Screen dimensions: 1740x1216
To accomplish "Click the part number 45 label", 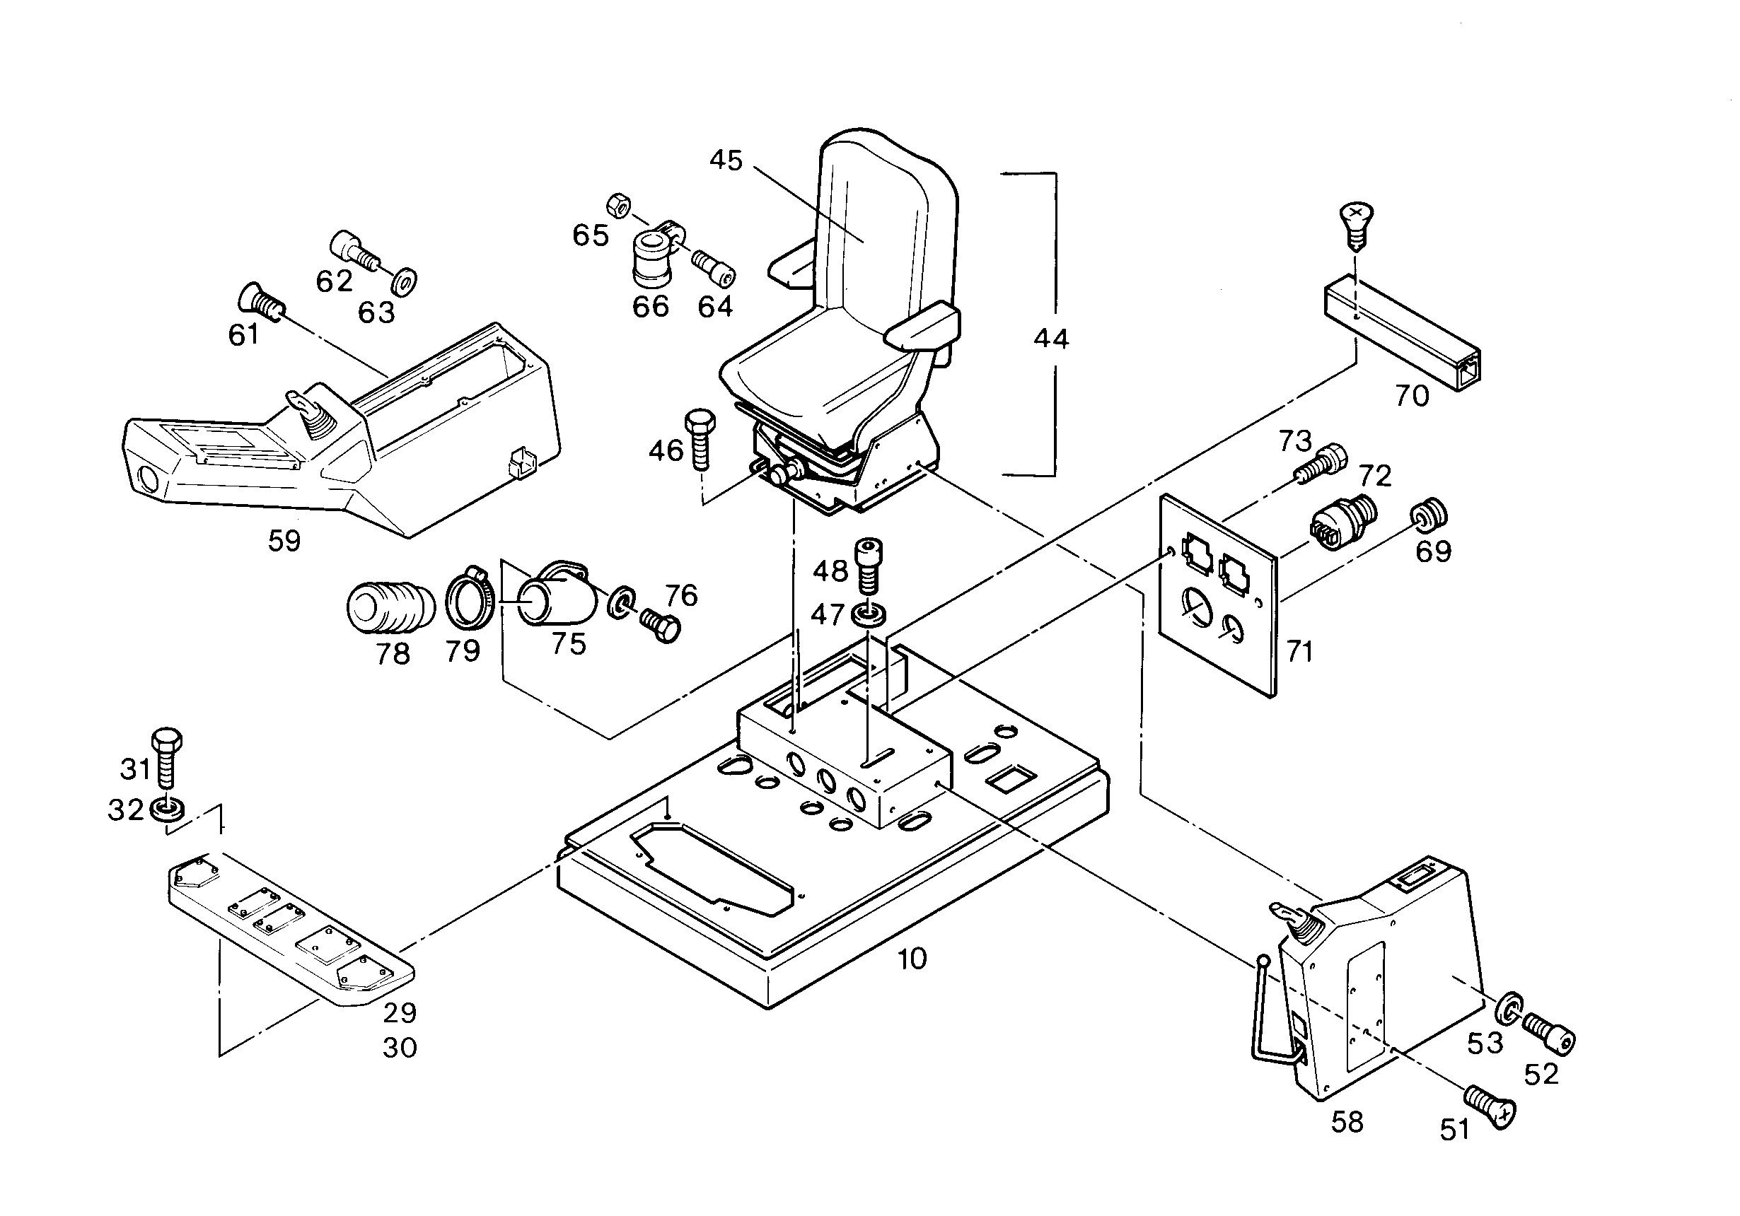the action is (x=726, y=160).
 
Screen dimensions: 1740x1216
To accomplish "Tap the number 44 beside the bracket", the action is (x=1051, y=339).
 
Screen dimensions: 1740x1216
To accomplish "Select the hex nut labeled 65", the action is (x=619, y=204).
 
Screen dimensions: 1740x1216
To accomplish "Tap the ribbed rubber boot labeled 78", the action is (x=390, y=606).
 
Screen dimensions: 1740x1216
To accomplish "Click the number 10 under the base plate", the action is (x=912, y=959).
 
